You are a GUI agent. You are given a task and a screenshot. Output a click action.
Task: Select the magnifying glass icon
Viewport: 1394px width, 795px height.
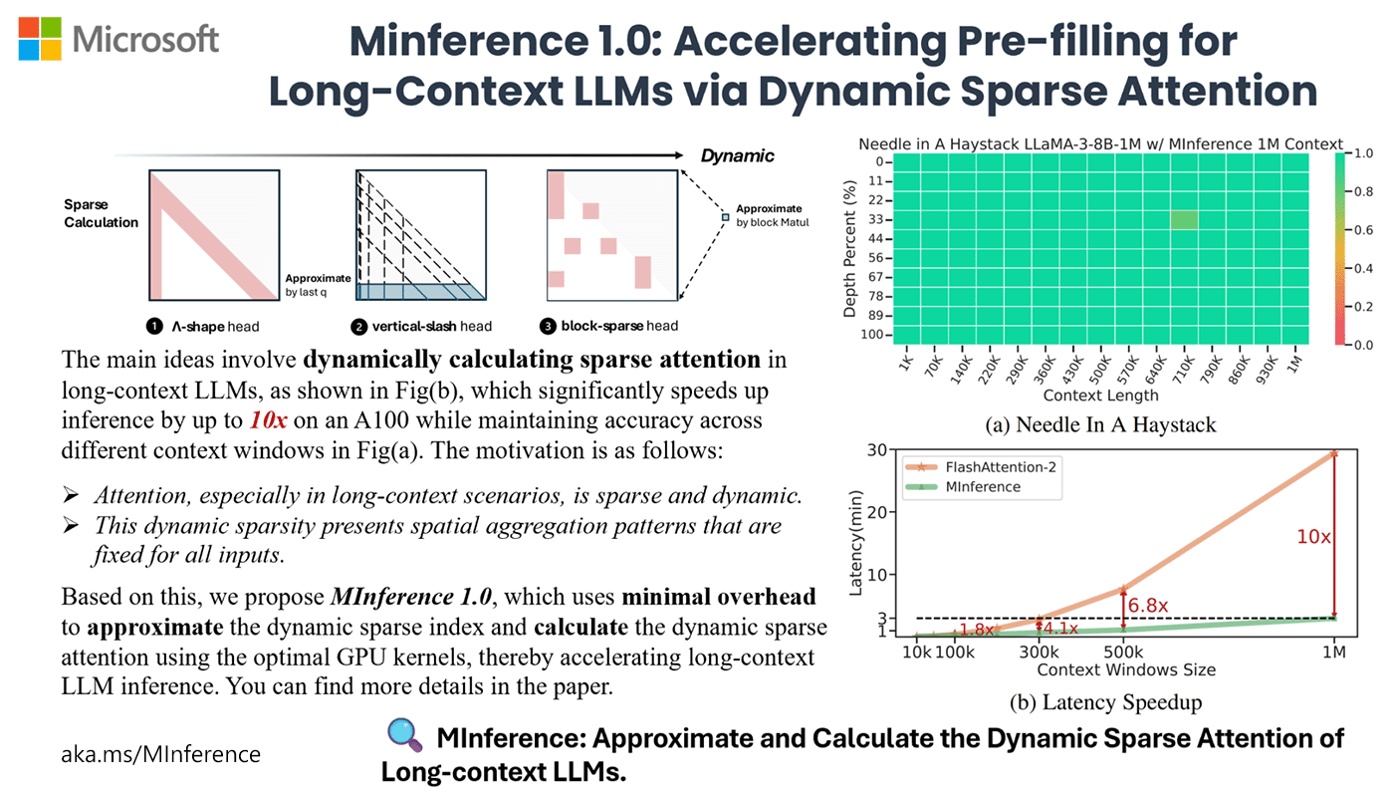point(404,736)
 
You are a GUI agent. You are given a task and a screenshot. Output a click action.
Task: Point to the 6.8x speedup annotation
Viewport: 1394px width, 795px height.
point(1147,605)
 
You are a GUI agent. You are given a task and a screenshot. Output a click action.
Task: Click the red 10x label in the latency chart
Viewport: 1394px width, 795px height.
point(1312,536)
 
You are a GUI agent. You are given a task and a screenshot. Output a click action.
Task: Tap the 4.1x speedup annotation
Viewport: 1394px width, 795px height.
point(1058,629)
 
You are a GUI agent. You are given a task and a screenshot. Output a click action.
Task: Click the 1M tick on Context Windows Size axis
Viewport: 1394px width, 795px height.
point(1333,652)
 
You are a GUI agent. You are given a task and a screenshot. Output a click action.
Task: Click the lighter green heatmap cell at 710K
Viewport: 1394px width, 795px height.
point(1184,220)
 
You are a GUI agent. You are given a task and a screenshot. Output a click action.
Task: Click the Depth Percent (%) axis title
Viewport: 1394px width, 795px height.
point(850,249)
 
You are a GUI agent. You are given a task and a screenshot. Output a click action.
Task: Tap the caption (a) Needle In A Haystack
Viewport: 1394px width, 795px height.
point(1100,425)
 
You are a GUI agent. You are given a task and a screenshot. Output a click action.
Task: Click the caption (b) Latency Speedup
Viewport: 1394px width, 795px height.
point(1105,701)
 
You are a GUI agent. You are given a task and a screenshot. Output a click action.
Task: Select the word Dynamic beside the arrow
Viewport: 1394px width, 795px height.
point(737,155)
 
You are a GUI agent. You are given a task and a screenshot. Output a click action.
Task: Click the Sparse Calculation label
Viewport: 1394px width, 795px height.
point(101,214)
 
